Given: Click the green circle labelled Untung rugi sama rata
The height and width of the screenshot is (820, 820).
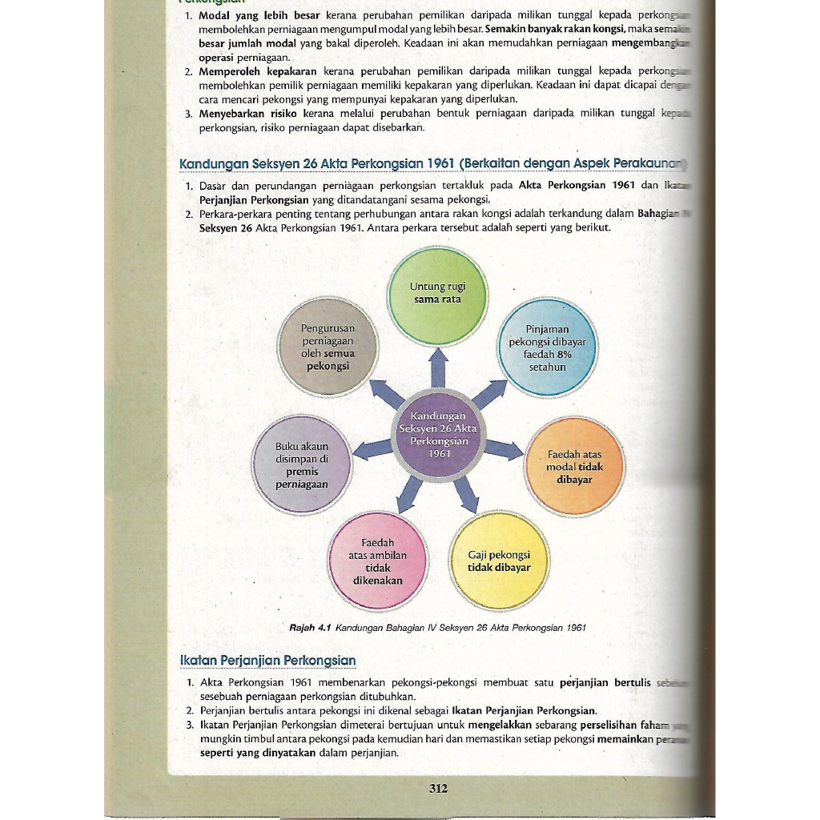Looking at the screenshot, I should point(437,294).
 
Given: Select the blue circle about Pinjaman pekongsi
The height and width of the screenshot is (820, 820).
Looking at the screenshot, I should point(548,348).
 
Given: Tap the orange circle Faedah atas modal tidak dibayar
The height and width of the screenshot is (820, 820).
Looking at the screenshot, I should point(574,466).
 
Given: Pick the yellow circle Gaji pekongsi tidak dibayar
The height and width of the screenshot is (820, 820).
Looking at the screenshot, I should point(499,561).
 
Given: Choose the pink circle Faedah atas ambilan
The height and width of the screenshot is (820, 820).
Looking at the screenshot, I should point(378,561).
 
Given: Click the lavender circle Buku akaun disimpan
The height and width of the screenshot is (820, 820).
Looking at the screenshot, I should point(301,464).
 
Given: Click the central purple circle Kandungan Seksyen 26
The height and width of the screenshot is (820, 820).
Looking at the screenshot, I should point(438,436).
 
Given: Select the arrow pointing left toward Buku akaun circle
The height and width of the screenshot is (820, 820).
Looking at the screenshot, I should point(373,450).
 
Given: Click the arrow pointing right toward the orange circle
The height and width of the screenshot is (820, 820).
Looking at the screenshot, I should point(503,449).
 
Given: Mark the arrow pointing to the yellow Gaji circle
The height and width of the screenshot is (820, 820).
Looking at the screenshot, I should point(466,495).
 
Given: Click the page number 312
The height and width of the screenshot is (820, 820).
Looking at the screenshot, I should point(438,788).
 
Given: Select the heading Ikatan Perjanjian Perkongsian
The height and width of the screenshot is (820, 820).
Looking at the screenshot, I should point(267,661).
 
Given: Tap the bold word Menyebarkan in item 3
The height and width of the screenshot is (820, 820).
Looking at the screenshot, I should point(227,115).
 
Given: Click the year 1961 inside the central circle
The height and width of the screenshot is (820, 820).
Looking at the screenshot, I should point(438,454).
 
